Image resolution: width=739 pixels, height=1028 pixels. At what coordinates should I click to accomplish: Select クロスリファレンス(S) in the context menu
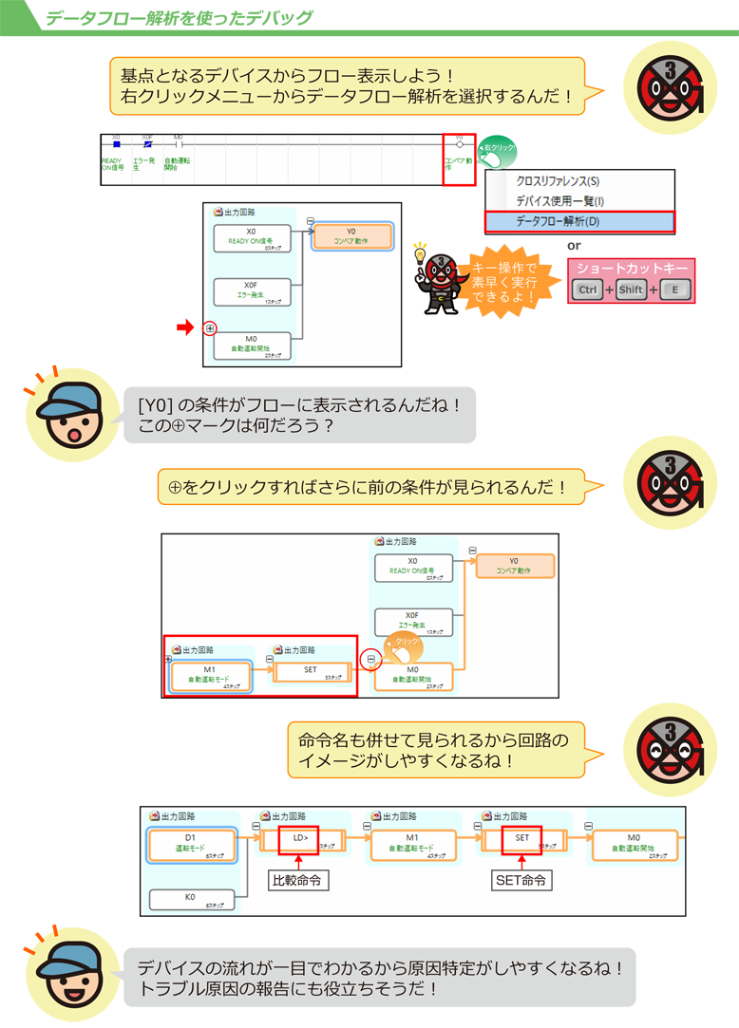pyautogui.click(x=558, y=181)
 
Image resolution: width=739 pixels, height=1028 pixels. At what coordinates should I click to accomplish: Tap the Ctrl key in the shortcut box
pyautogui.click(x=588, y=290)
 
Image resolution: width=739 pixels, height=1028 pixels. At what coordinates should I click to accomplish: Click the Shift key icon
pyautogui.click(x=631, y=290)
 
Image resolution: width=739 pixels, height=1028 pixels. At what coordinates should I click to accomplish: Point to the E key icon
pyautogui.click(x=674, y=290)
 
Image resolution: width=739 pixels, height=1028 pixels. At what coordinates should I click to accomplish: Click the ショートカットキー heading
pyautogui.click(x=632, y=269)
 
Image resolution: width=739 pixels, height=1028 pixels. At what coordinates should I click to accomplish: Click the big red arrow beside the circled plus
pyautogui.click(x=185, y=327)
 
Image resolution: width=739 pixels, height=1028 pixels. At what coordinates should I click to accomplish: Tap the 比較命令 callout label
pyautogui.click(x=296, y=881)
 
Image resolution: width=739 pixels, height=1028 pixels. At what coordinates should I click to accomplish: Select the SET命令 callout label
pyautogui.click(x=521, y=881)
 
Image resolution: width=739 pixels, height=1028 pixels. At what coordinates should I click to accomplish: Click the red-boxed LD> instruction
pyautogui.click(x=298, y=838)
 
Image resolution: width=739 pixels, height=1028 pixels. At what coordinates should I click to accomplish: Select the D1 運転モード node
pyautogui.click(x=191, y=844)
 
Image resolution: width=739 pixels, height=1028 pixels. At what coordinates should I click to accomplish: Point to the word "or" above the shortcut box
pyautogui.click(x=575, y=246)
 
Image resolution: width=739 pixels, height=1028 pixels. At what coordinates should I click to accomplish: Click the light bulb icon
pyautogui.click(x=419, y=253)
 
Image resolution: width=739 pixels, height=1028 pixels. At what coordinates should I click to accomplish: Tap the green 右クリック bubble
pyautogui.click(x=498, y=149)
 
